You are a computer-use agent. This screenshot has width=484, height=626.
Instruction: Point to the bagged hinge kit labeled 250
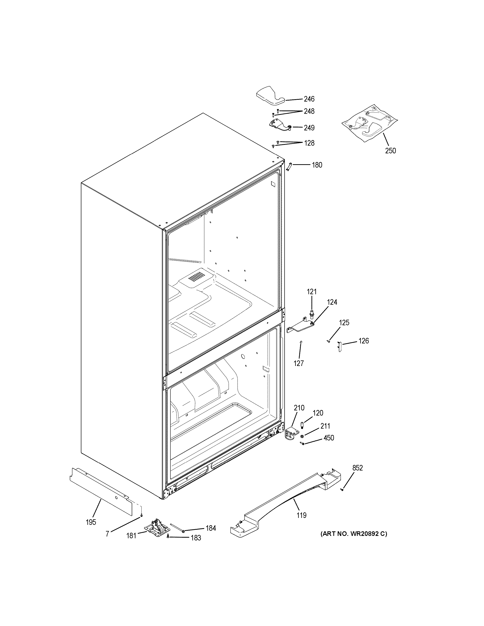click(x=370, y=124)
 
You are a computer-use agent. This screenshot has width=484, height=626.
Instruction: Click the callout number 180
click(x=317, y=165)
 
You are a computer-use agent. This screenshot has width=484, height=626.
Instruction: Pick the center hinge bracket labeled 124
click(x=300, y=326)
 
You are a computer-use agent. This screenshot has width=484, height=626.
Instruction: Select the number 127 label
click(x=299, y=363)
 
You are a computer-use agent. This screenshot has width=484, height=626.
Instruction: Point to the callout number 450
click(x=329, y=446)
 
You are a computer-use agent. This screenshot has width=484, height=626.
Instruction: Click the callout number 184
click(x=211, y=528)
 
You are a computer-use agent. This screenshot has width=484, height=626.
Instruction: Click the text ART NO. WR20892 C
click(x=354, y=534)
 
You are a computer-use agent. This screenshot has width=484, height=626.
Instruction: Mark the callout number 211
click(x=325, y=434)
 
